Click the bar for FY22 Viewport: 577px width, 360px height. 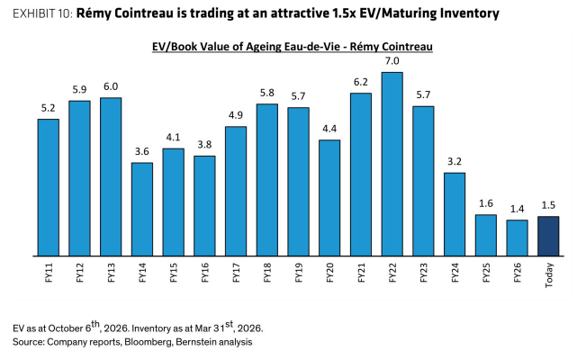pyautogui.click(x=392, y=164)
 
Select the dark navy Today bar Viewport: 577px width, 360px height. pyautogui.click(x=548, y=236)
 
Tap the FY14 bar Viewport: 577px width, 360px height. pyautogui.click(x=142, y=209)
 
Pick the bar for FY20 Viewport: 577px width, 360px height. pyautogui.click(x=329, y=198)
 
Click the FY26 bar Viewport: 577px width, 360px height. pyautogui.click(x=517, y=238)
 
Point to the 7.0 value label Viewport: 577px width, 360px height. pyautogui.click(x=392, y=60)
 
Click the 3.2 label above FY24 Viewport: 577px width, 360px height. pyautogui.click(x=455, y=161)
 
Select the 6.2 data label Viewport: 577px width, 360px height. pyautogui.click(x=361, y=82)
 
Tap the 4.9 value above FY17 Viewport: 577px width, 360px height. pyautogui.click(x=236, y=115)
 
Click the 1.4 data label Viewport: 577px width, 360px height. pyautogui.click(x=517, y=209)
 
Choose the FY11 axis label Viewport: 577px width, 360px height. pyautogui.click(x=49, y=273)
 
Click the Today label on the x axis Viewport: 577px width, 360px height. pyautogui.click(x=549, y=275)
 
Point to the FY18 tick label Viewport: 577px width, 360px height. pyautogui.click(x=267, y=273)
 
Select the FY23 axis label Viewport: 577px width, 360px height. pyautogui.click(x=424, y=273)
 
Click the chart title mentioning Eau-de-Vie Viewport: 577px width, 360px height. pyautogui.click(x=293, y=47)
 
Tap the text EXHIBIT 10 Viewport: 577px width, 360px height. pyautogui.click(x=42, y=13)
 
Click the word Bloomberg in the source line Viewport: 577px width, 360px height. pyautogui.click(x=148, y=342)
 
